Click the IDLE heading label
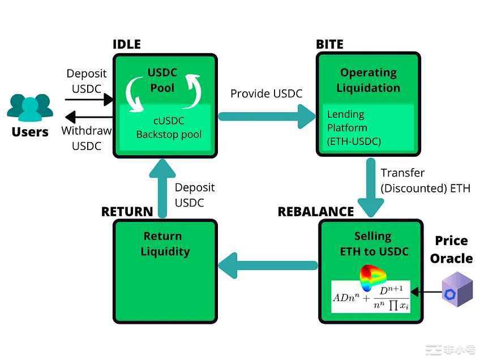[126, 44]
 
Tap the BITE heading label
[329, 44]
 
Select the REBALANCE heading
[315, 212]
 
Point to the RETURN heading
[127, 212]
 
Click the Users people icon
[30, 107]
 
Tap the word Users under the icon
[30, 132]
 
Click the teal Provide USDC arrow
[266, 116]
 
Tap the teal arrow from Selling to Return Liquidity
[268, 265]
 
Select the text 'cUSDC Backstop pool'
[169, 128]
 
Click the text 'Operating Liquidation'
[368, 80]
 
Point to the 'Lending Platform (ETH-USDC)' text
[353, 128]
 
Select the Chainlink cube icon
[456, 289]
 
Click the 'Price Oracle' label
[451, 250]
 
